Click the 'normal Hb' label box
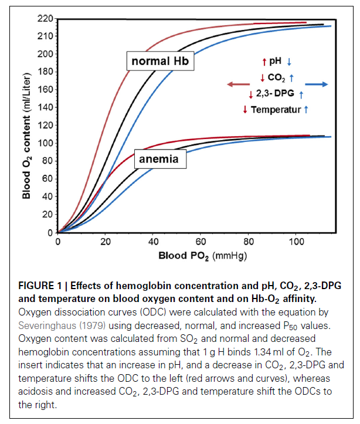159,61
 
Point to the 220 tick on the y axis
46,18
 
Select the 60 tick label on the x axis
201,242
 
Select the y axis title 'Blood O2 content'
26,141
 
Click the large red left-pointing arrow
238,84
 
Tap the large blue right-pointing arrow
316,84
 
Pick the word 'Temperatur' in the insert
276,109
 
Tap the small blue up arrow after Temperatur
307,109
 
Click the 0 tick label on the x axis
57,242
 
